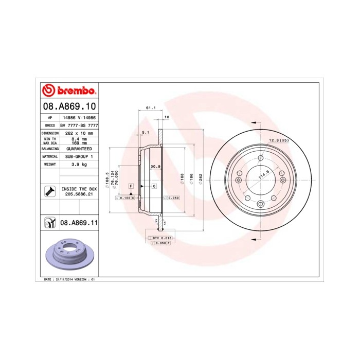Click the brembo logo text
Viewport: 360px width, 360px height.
73,91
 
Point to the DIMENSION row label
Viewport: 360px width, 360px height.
49,133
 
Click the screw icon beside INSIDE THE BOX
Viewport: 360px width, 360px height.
50,192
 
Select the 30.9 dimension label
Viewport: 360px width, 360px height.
155,167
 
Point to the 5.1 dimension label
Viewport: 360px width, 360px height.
146,132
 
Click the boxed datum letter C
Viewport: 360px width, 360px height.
154,185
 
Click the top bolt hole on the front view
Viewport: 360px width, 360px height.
260,158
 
